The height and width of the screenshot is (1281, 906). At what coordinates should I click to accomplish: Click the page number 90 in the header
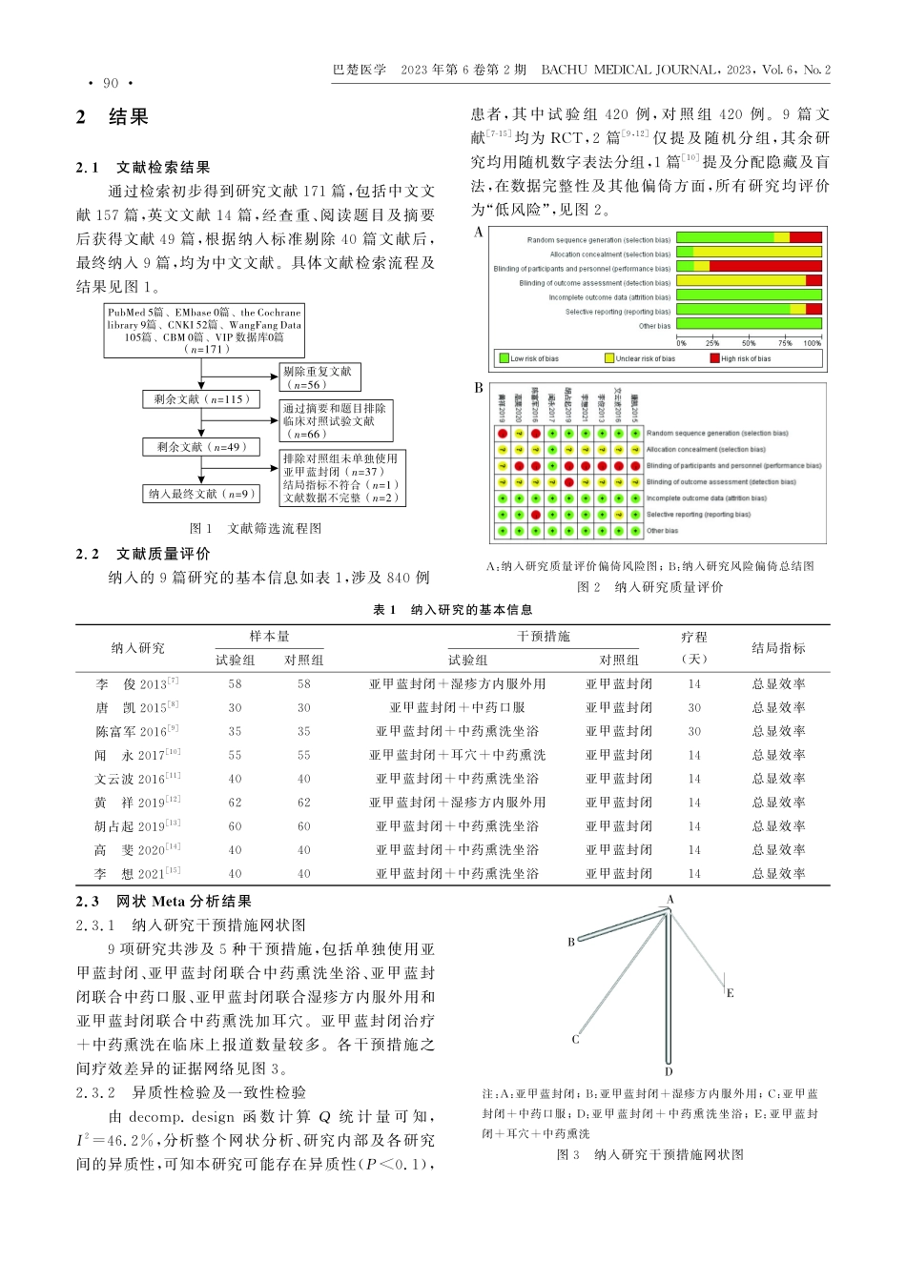pyautogui.click(x=111, y=84)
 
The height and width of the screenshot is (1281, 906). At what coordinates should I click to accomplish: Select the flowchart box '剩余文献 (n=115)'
pyautogui.click(x=200, y=399)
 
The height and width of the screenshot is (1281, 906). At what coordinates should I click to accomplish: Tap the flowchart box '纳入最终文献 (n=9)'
pyautogui.click(x=201, y=494)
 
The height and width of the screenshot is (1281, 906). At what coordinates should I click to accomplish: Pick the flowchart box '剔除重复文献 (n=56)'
pyautogui.click(x=320, y=377)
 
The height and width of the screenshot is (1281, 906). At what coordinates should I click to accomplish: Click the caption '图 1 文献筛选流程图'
pyautogui.click(x=256, y=528)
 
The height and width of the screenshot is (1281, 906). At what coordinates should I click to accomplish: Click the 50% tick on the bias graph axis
pyautogui.click(x=749, y=343)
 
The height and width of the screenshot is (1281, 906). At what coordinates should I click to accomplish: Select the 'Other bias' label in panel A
pyautogui.click(x=655, y=326)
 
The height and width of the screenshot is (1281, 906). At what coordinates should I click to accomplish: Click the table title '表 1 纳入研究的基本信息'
pyautogui.click(x=452, y=610)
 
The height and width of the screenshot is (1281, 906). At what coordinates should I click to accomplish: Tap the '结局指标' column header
pyautogui.click(x=778, y=648)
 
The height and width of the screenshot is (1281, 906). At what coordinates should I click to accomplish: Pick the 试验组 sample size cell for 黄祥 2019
pyautogui.click(x=235, y=803)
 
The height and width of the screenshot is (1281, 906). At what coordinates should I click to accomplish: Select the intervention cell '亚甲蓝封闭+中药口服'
pyautogui.click(x=457, y=708)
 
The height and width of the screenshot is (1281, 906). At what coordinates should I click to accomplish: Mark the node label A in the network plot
pyautogui.click(x=670, y=899)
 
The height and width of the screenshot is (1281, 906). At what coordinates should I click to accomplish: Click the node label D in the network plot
pyautogui.click(x=669, y=1072)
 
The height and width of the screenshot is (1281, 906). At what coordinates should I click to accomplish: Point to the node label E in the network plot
pyautogui.click(x=731, y=993)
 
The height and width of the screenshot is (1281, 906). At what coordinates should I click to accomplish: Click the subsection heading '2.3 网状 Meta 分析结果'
pyautogui.click(x=164, y=902)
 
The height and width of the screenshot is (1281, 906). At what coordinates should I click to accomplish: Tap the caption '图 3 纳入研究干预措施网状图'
pyautogui.click(x=649, y=1155)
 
